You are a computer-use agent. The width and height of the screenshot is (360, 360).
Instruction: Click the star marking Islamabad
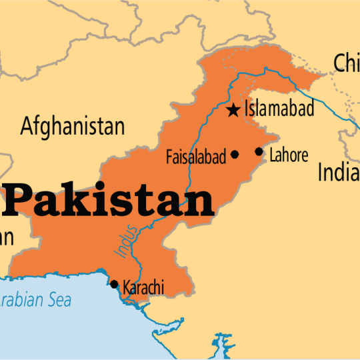click(233, 111)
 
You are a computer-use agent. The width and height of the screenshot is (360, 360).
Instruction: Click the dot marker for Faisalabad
click(235, 155)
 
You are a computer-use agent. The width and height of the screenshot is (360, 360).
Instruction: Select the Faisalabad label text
click(197, 157)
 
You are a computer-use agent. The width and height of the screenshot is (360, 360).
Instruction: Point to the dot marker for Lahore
click(259, 151)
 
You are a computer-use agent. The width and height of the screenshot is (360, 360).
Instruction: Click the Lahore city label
click(289, 155)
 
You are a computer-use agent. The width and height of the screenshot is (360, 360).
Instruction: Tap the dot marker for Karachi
click(113, 284)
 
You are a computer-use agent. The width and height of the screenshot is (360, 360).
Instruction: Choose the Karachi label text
click(143, 288)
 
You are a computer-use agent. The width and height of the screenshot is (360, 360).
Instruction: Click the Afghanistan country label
click(73, 125)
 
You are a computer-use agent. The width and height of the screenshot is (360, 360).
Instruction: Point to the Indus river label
click(127, 241)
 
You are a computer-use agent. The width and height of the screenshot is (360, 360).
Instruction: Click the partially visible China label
click(346, 63)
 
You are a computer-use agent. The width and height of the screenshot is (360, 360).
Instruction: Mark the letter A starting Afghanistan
click(27, 125)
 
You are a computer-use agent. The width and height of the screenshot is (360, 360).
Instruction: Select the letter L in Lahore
click(273, 155)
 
